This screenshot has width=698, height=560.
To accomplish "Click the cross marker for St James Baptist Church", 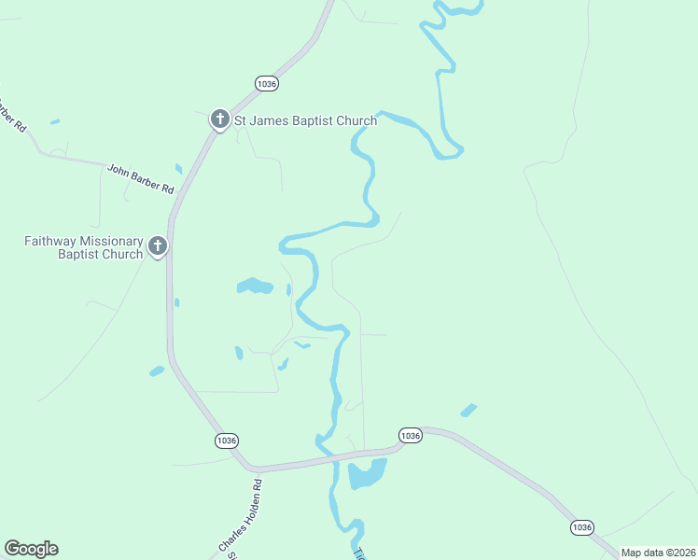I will tap(219, 119).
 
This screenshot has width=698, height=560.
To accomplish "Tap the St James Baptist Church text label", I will tap(305, 120).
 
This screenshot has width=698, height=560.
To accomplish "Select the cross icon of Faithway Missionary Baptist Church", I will tap(158, 246).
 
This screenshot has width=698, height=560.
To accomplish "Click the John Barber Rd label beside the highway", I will tap(141, 178).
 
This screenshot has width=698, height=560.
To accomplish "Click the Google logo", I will tap(31, 549).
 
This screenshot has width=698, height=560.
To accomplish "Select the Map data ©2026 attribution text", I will tap(658, 553).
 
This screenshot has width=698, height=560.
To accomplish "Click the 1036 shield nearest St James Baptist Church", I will tap(267, 84).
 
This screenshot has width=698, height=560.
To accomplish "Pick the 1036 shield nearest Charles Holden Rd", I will tap(226, 441).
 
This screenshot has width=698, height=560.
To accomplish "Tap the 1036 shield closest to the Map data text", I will tap(581, 527).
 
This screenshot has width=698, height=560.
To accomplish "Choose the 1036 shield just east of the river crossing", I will tap(411, 436).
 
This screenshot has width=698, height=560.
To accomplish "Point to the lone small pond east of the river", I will tap(468, 410).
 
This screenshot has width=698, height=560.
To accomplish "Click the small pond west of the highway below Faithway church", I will tap(156, 371).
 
